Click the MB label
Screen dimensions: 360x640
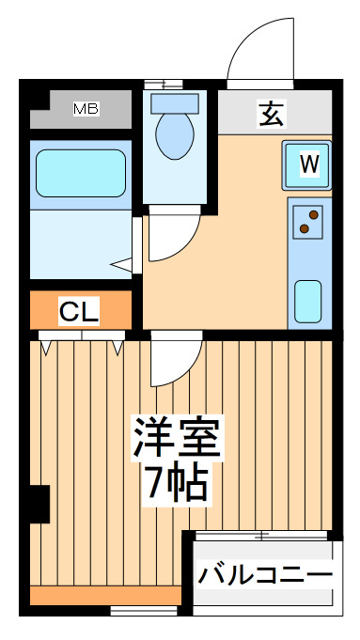[x=86, y=109]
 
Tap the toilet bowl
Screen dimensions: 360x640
[x=175, y=136]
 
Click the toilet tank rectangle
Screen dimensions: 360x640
[x=175, y=103]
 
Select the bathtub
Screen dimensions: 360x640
[x=81, y=173]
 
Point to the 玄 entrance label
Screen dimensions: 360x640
[x=272, y=115]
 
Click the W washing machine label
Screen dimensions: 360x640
[x=309, y=164]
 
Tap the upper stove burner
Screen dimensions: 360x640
[x=313, y=214]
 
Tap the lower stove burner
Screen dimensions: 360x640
[x=305, y=228]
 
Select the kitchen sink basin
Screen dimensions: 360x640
[x=307, y=302]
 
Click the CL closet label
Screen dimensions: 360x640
[x=79, y=311]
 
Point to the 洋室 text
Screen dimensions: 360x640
[x=178, y=437]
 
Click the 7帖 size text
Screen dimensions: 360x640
[x=178, y=484]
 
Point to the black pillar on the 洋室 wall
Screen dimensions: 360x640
[x=39, y=504]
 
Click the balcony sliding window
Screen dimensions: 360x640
[x=261, y=535]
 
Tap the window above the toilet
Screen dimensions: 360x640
[x=164, y=84]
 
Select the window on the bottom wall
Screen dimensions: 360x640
[x=144, y=610]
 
